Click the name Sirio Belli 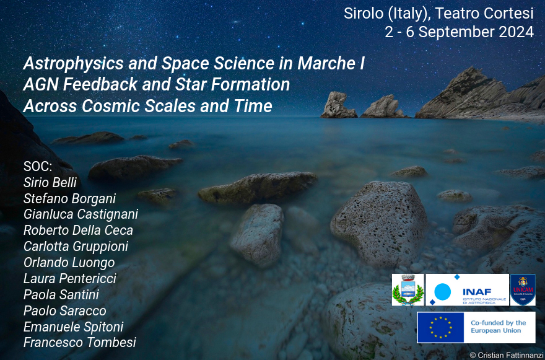(x=50, y=183)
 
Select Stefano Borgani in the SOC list (x=69, y=199)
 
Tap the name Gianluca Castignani (x=81, y=214)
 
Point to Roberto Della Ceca (x=78, y=230)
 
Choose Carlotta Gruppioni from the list (x=76, y=247)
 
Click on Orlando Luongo (x=69, y=263)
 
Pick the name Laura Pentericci (x=70, y=279)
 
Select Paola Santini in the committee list (x=61, y=294)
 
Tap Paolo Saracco (x=64, y=310)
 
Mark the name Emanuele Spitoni (x=73, y=327)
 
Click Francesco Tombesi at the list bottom (x=80, y=343)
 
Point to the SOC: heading (x=38, y=167)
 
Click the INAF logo (x=467, y=290)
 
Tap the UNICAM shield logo (x=523, y=290)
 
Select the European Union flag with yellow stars (x=440, y=327)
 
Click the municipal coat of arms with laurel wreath (x=408, y=290)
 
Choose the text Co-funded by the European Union (x=498, y=327)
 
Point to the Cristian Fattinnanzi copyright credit (x=506, y=355)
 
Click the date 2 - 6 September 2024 (x=459, y=32)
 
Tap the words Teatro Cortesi (x=484, y=14)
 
